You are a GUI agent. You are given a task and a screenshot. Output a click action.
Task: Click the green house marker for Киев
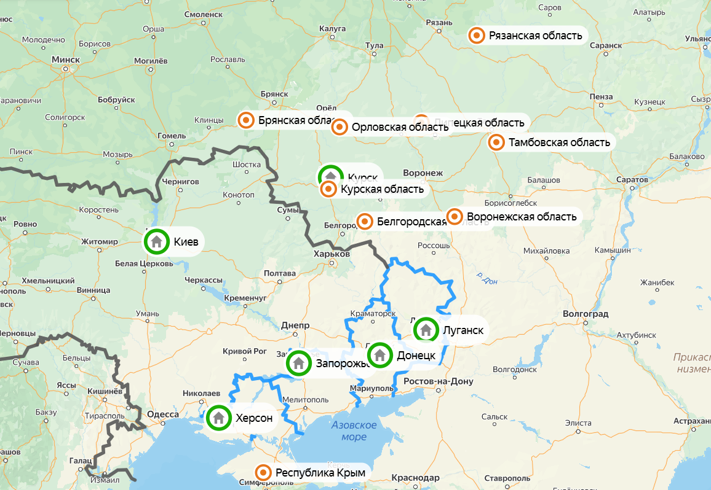156,242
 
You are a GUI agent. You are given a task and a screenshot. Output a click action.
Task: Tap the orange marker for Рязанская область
476,36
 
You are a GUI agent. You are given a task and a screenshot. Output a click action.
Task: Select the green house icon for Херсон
218,419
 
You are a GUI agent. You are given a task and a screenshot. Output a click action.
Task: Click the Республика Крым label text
320,473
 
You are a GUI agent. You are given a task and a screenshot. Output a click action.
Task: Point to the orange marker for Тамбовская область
496,142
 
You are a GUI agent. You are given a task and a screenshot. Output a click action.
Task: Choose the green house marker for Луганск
426,330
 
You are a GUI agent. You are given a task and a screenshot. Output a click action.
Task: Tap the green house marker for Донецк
380,355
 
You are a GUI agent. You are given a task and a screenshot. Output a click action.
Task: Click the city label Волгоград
585,314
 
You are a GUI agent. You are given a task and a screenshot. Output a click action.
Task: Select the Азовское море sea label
354,430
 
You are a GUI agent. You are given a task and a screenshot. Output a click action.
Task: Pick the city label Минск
66,60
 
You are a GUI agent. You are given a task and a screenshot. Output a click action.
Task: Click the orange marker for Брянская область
246,120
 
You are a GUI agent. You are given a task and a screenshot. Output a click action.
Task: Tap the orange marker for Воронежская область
455,216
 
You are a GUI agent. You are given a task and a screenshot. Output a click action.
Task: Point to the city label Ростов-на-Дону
438,381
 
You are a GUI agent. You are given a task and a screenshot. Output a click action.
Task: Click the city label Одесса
163,414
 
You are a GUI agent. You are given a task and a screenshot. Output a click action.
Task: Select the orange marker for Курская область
328,189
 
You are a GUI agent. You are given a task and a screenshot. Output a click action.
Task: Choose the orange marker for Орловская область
340,127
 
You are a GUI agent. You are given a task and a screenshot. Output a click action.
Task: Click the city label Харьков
331,254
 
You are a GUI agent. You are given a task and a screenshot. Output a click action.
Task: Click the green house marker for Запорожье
299,363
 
